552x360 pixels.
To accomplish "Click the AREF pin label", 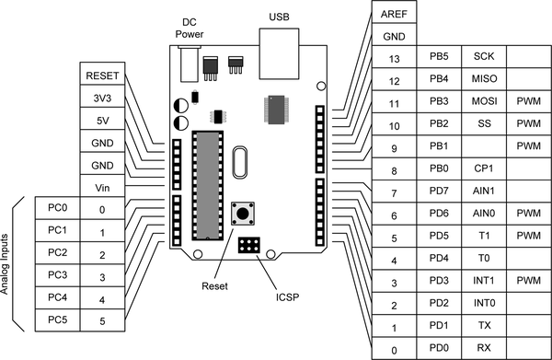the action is [x=394, y=14].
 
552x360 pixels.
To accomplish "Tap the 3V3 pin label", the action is [x=102, y=99].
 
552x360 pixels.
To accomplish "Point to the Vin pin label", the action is [x=102, y=188].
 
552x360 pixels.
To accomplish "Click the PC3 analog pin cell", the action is [x=57, y=275].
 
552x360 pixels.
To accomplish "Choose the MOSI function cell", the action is [x=484, y=101].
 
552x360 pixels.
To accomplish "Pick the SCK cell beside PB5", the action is [x=484, y=56].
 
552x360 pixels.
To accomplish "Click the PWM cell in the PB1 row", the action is [x=529, y=145].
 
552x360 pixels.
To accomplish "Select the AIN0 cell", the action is [x=484, y=213].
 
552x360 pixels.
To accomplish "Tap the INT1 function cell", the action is [x=484, y=281].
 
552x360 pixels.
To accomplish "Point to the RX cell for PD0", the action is [x=484, y=348].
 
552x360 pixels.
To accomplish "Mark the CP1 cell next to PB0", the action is [x=484, y=168].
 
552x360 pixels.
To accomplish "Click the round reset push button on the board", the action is [x=243, y=213].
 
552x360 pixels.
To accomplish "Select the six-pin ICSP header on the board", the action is [x=249, y=245].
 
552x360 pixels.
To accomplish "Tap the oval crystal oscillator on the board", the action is [x=240, y=163].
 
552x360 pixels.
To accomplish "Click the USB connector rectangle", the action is [x=279, y=53].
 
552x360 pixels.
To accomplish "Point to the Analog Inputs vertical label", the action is [x=5, y=264].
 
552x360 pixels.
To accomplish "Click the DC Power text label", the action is [x=190, y=29].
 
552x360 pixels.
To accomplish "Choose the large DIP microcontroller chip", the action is [x=208, y=186].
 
